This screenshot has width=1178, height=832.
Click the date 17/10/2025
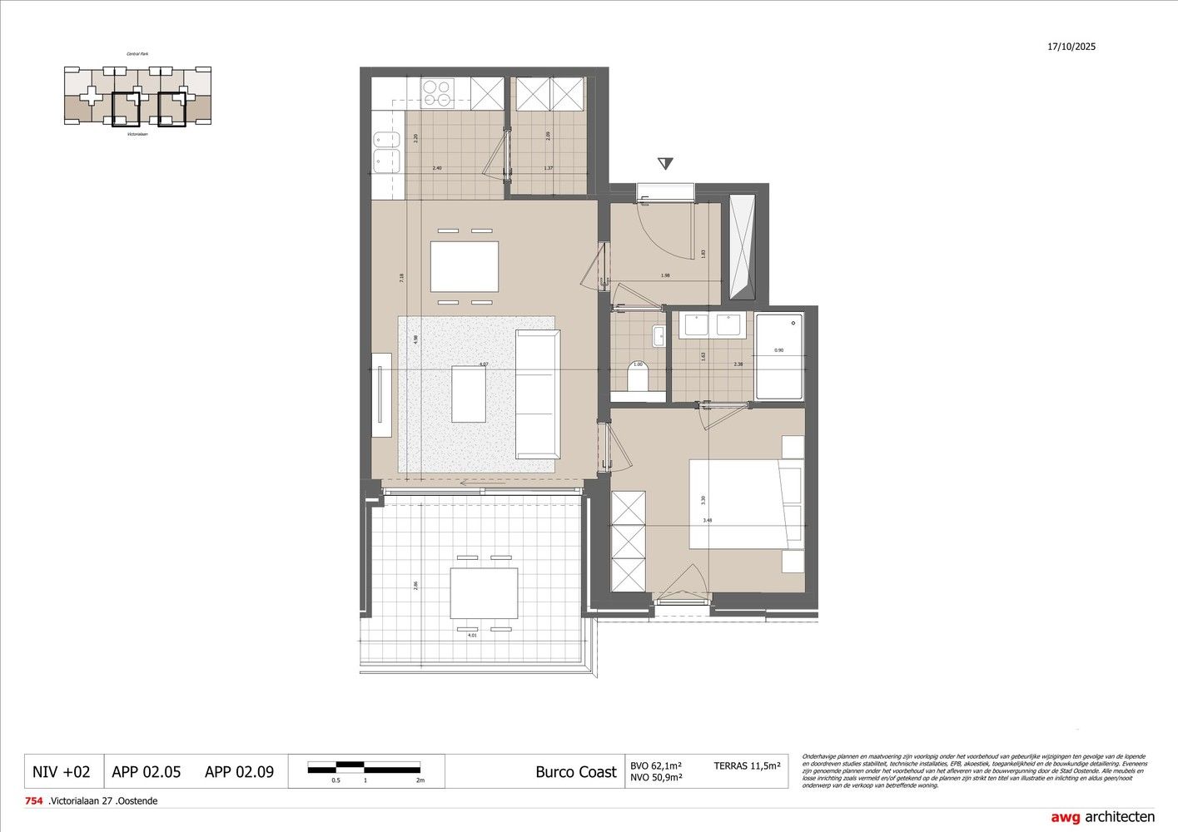(x=1071, y=47)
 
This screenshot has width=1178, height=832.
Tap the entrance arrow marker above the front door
(x=664, y=164)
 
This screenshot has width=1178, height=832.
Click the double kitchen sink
(x=386, y=151)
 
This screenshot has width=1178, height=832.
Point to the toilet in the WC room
(x=638, y=381)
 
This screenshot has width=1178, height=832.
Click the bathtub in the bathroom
(x=779, y=356)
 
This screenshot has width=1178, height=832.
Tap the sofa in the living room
(x=538, y=394)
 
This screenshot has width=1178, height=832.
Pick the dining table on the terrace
(x=484, y=593)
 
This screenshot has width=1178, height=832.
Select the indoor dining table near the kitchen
(x=465, y=266)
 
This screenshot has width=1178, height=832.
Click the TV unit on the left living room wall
(x=382, y=394)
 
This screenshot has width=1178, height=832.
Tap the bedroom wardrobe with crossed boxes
(x=629, y=541)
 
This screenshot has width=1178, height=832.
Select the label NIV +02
(x=61, y=771)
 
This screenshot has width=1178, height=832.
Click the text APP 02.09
(x=239, y=771)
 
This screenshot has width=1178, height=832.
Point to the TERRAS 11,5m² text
(x=747, y=765)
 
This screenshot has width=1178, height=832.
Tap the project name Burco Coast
(x=576, y=771)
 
